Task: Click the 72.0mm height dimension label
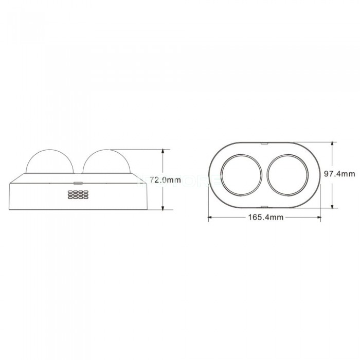coord(165,180)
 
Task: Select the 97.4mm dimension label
coord(339,174)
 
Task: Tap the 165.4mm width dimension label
coord(266,217)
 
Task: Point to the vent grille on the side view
coord(78,194)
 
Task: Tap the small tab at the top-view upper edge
coord(264,143)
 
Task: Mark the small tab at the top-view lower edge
coord(264,207)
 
